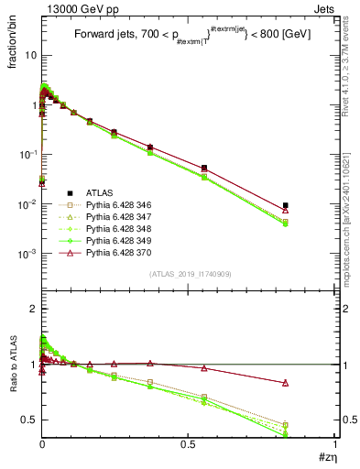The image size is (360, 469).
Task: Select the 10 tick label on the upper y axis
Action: [29, 55]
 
